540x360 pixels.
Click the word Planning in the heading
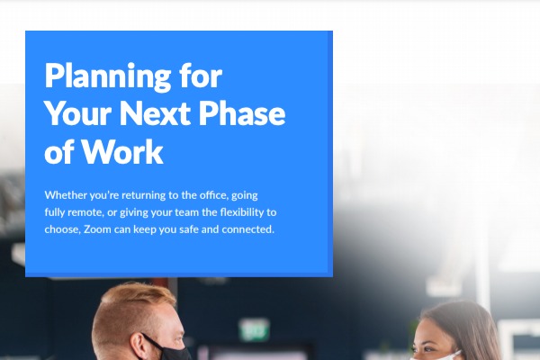click(x=103, y=76)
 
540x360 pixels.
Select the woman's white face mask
click(x=438, y=355)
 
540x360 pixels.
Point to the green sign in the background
click(x=255, y=330)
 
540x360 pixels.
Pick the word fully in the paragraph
click(x=56, y=212)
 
